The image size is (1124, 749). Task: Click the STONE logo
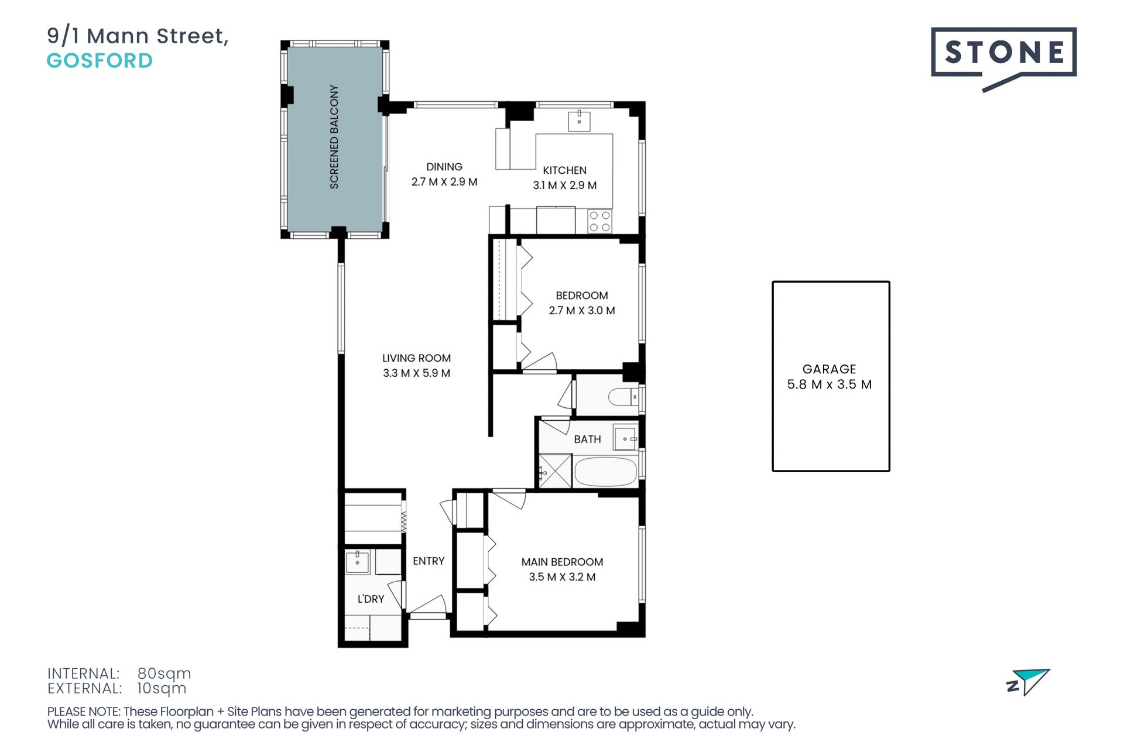(1003, 59)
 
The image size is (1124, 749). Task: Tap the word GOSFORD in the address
(100, 60)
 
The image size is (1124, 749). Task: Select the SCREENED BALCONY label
(334, 137)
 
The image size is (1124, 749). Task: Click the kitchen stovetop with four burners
(599, 221)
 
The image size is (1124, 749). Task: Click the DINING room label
(444, 167)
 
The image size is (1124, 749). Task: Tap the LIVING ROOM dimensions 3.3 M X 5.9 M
(416, 373)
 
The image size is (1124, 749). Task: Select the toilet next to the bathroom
(624, 397)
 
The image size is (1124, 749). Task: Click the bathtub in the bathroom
(605, 472)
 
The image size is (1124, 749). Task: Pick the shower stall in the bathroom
(554, 471)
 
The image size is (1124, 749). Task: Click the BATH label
(587, 439)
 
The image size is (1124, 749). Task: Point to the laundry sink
(357, 562)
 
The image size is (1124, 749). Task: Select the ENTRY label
(429, 561)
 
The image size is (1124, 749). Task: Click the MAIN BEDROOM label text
(562, 562)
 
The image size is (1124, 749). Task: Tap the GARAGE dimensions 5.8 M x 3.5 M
(830, 384)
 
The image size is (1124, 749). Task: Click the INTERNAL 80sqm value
(164, 674)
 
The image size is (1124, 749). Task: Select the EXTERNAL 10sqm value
(162, 689)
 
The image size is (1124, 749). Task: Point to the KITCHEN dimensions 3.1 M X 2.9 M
(564, 185)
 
